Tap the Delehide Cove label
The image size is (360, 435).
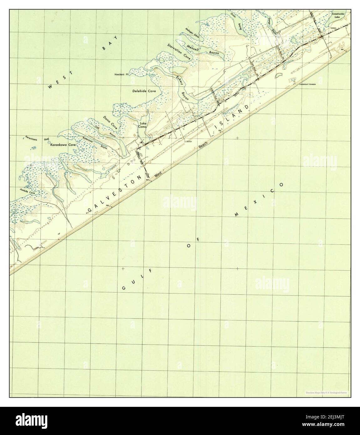tap(144, 91)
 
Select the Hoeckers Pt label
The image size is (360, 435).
tap(122, 75)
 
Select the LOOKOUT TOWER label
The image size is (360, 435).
tap(308, 84)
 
